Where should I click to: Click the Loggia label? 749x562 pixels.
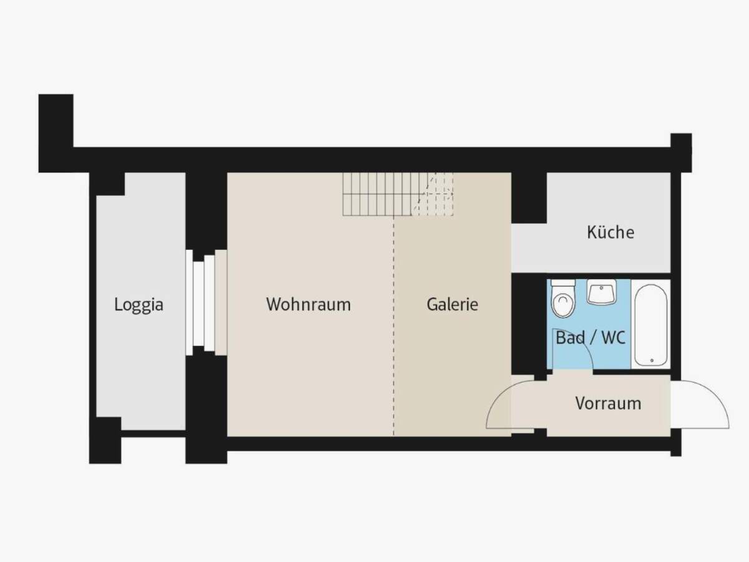[139, 305]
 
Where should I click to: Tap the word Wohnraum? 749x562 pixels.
[308, 305]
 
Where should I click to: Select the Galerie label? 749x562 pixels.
[453, 305]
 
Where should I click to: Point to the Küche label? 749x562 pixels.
[610, 232]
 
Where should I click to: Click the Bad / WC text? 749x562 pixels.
[590, 338]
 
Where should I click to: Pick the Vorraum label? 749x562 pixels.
[608, 403]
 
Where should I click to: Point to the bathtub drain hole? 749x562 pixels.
[651, 360]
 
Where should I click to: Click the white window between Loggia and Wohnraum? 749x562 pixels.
[199, 303]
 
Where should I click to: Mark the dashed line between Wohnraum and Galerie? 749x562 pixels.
[393, 325]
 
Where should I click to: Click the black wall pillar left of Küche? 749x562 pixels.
[529, 197]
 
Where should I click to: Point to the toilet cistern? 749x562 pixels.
[563, 283]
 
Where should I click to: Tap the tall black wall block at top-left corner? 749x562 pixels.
[56, 131]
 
